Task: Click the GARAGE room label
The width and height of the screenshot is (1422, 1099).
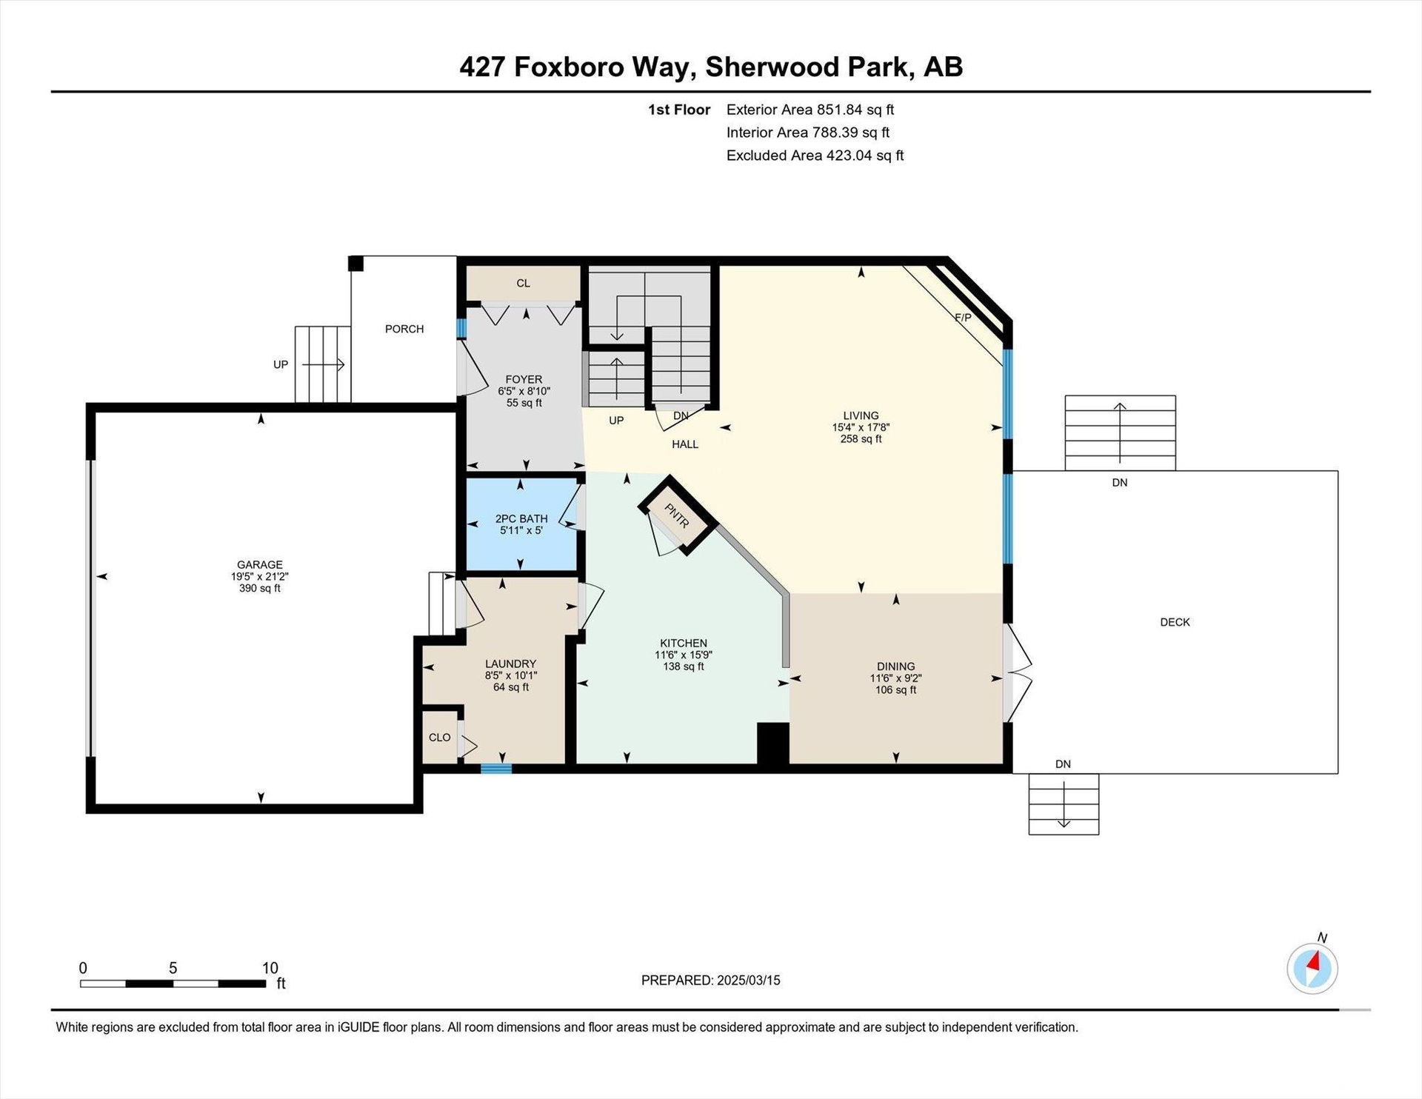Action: (x=260, y=564)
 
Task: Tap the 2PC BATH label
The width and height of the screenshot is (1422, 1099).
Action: (x=521, y=518)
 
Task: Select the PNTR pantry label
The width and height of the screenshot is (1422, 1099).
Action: (x=677, y=515)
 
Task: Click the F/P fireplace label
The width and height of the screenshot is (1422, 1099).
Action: (x=963, y=318)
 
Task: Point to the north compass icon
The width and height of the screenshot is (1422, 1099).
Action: (x=1312, y=968)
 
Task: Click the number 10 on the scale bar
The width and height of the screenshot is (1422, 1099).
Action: (x=270, y=968)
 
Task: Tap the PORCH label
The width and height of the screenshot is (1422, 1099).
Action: (x=404, y=329)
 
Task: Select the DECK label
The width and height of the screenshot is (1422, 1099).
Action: (x=1175, y=622)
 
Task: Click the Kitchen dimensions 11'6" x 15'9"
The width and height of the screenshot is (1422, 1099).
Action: (x=684, y=655)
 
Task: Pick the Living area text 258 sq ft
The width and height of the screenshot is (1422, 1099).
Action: (x=861, y=439)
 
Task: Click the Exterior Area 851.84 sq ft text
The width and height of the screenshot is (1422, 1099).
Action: (x=810, y=110)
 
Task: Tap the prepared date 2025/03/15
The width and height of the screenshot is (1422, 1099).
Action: (x=749, y=981)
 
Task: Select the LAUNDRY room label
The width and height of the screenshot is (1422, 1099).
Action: (x=511, y=664)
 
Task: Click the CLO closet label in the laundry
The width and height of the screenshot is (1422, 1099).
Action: (x=440, y=738)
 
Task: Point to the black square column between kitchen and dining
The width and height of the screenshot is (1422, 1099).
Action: (x=772, y=743)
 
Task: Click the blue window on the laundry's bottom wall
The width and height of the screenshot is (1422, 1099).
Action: (x=496, y=768)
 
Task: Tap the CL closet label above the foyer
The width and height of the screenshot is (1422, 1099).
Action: (x=524, y=283)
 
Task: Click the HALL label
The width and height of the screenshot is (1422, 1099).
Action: (x=685, y=444)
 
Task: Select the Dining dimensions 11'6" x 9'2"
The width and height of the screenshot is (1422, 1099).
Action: (x=895, y=678)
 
